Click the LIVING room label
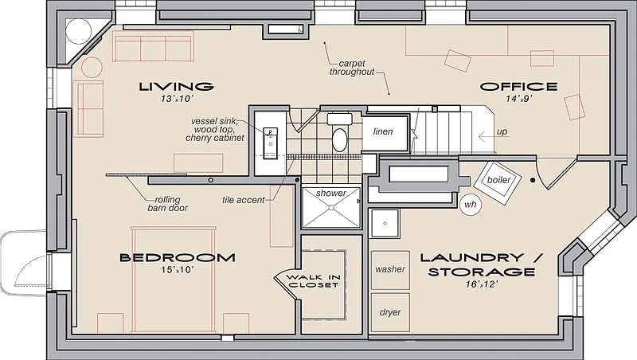click(176, 87)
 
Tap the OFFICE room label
click(519, 87)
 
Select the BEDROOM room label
click(177, 257)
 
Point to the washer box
click(390, 270)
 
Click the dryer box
click(390, 312)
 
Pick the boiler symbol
click(498, 183)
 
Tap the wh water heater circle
click(471, 204)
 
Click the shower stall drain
click(331, 208)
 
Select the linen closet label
click(383, 131)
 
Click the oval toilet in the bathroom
click(340, 139)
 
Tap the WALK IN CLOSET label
click(313, 281)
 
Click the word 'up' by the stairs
click(502, 132)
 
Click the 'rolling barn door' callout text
click(167, 204)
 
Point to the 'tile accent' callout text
click(244, 200)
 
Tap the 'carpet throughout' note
click(352, 68)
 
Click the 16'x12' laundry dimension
click(482, 284)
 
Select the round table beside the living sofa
click(92, 68)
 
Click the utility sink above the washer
click(385, 223)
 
